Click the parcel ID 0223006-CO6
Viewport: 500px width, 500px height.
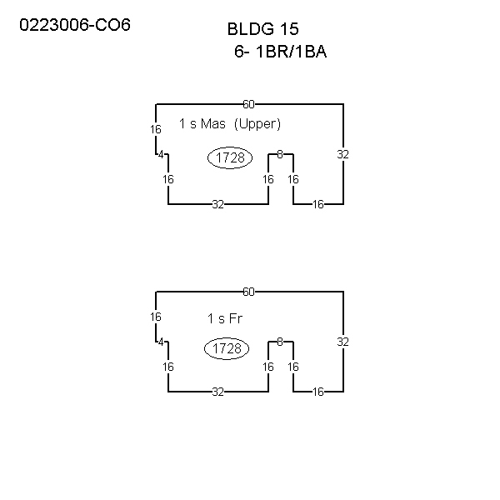tap(75, 25)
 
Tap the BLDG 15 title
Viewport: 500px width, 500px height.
tap(263, 29)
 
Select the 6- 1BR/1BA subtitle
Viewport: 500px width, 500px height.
tap(281, 52)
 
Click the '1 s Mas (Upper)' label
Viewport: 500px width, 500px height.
tap(230, 123)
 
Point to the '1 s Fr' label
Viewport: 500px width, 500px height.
tap(225, 318)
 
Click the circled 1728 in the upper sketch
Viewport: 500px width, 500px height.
tap(230, 157)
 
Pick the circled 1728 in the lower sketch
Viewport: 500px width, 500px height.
tap(227, 348)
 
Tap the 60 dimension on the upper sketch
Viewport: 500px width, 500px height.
tap(248, 104)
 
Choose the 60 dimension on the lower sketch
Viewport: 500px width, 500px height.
tap(248, 292)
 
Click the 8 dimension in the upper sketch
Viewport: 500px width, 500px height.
tap(280, 154)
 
